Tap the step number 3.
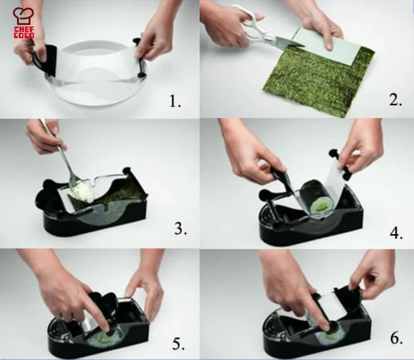(180, 228)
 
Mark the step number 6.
(396, 339)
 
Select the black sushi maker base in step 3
(93, 222)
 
